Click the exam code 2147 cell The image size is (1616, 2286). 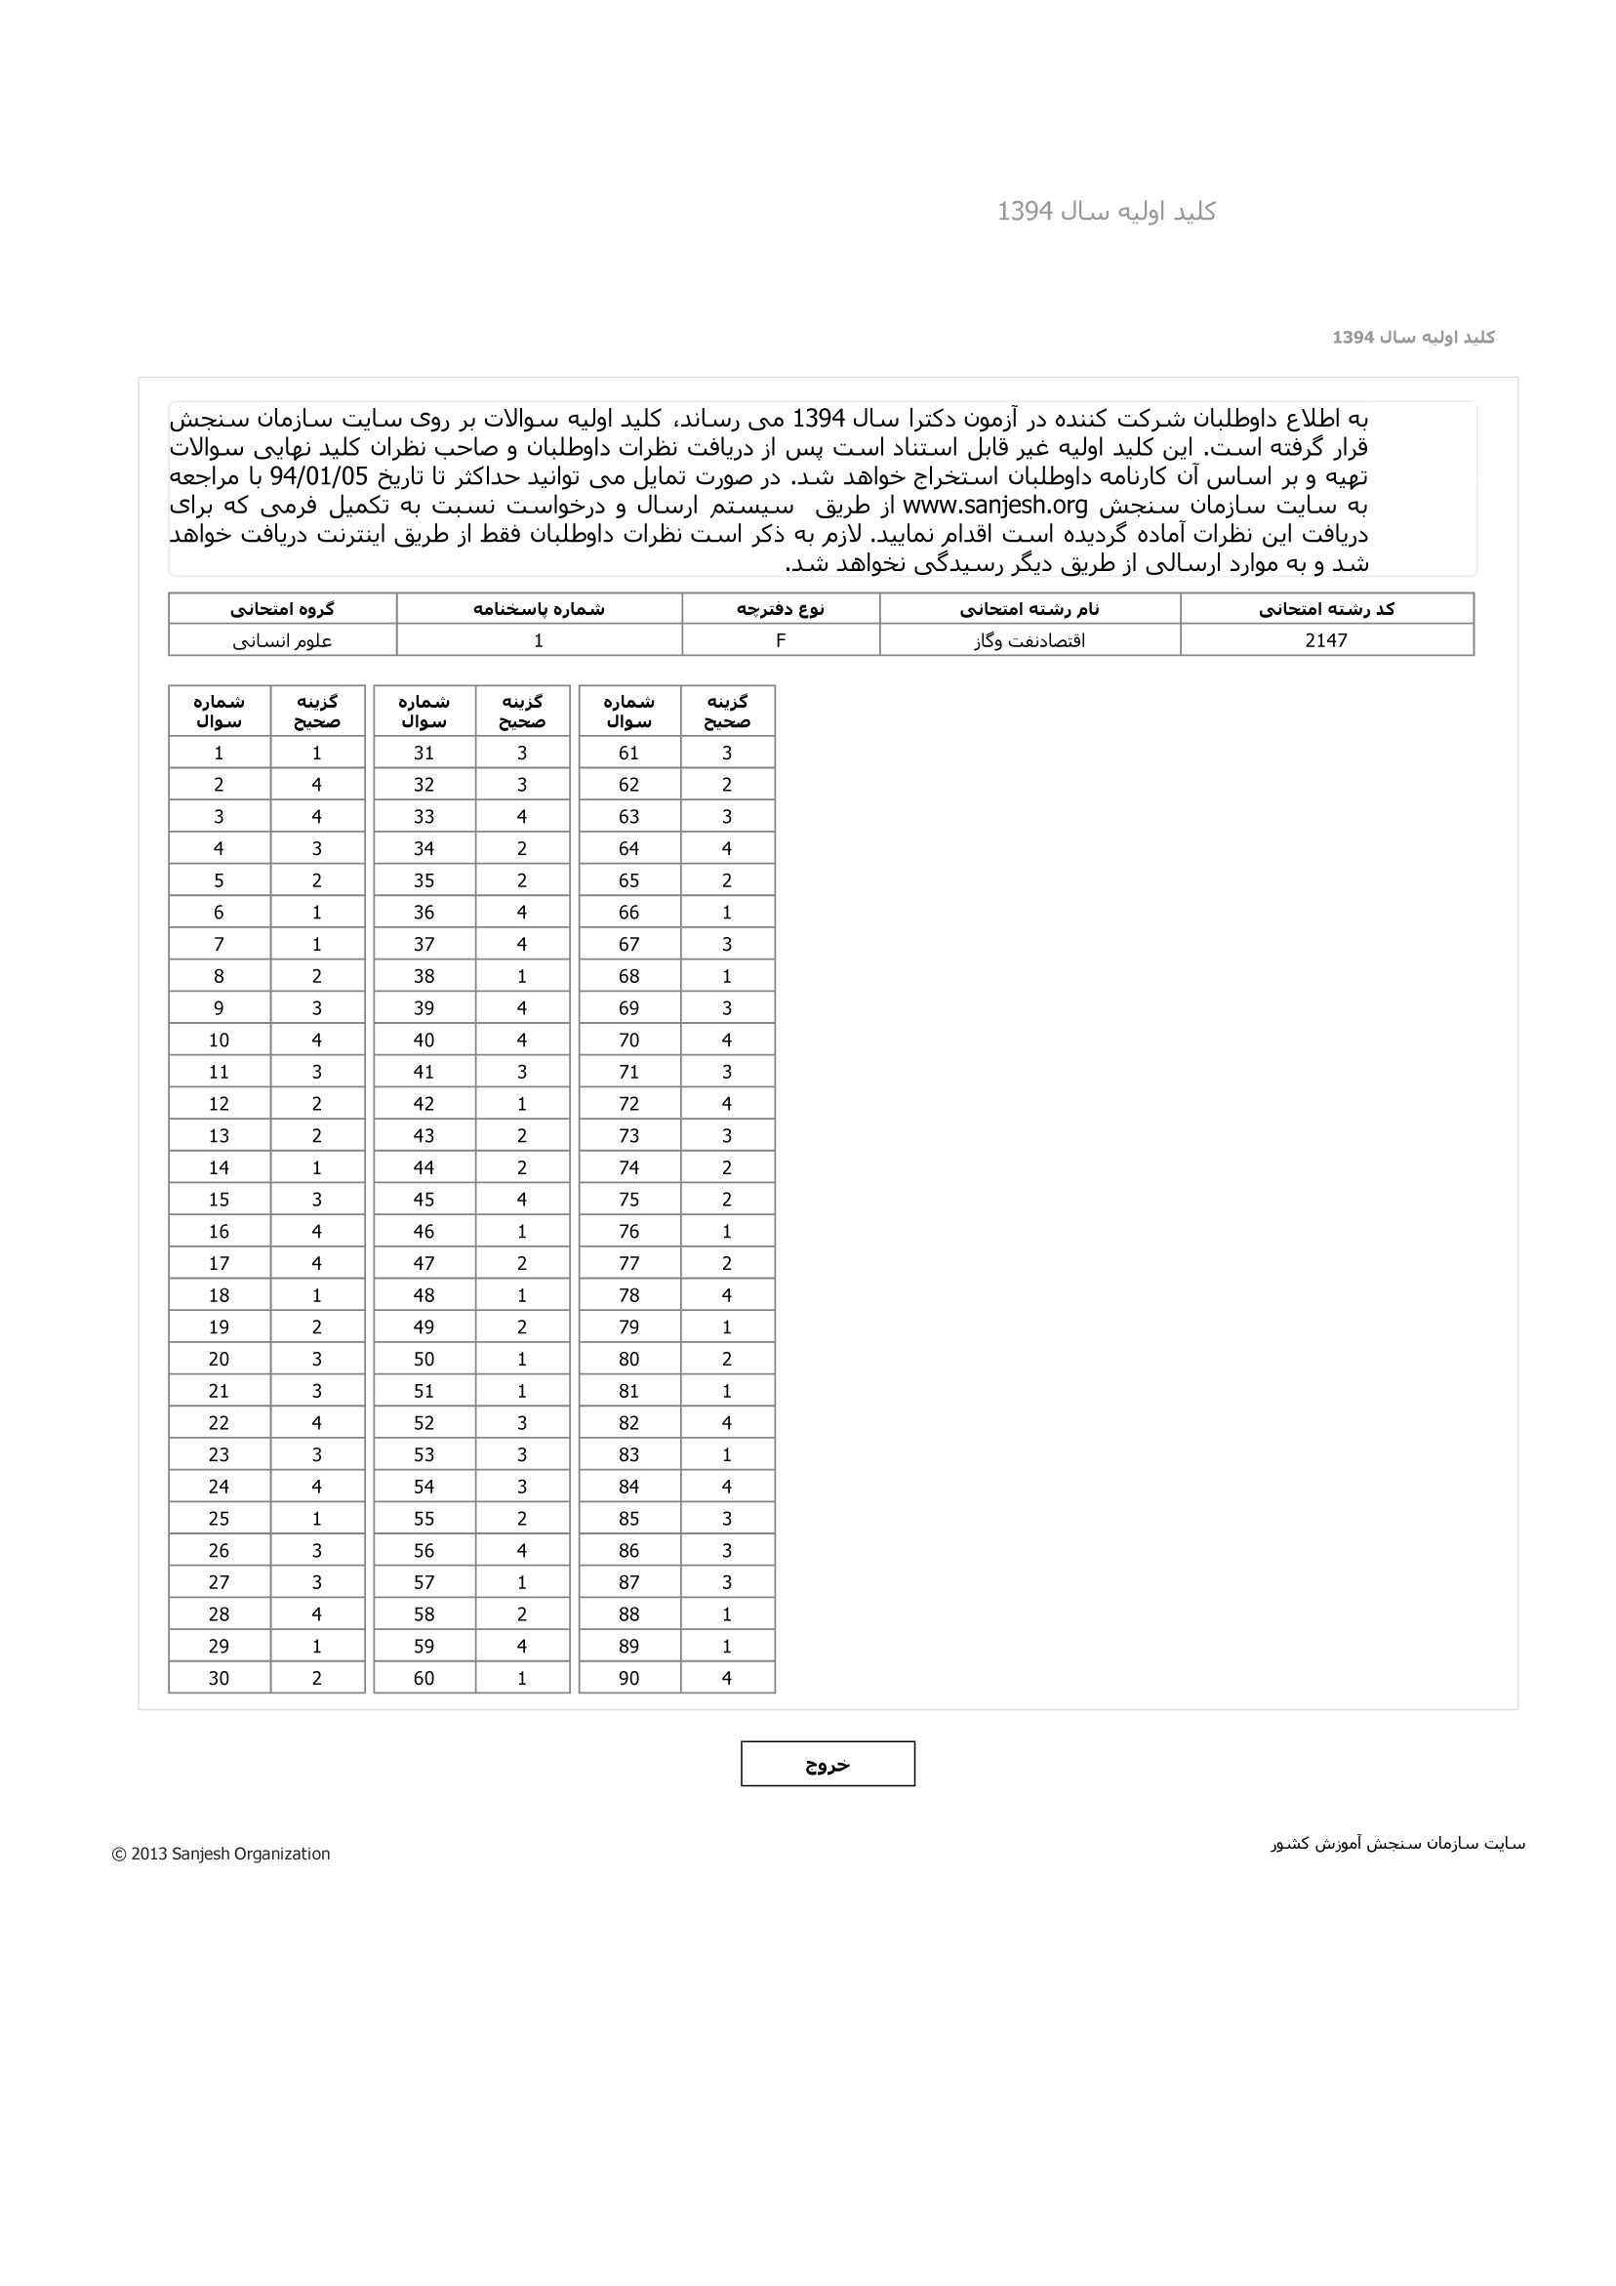[1326, 640]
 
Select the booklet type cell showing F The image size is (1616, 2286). [781, 640]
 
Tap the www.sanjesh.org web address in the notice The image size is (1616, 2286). [994, 505]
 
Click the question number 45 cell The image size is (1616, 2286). [424, 1199]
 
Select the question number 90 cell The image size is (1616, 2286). [629, 1678]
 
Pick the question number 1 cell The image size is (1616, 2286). [219, 753]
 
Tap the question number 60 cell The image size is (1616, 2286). [424, 1678]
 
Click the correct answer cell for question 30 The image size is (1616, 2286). [316, 1678]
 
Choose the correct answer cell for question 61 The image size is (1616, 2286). [727, 753]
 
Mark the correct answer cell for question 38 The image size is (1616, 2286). [522, 976]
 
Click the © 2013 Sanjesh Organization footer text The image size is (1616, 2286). [222, 1853]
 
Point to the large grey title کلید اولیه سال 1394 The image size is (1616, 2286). [1107, 211]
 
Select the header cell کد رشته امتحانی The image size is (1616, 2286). [1326, 608]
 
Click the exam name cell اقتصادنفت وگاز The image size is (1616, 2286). [1030, 640]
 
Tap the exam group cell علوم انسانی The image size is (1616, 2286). [283, 640]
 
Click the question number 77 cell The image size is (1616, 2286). [629, 1262]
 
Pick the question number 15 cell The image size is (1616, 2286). [219, 1199]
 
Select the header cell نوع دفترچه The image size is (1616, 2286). [781, 608]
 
